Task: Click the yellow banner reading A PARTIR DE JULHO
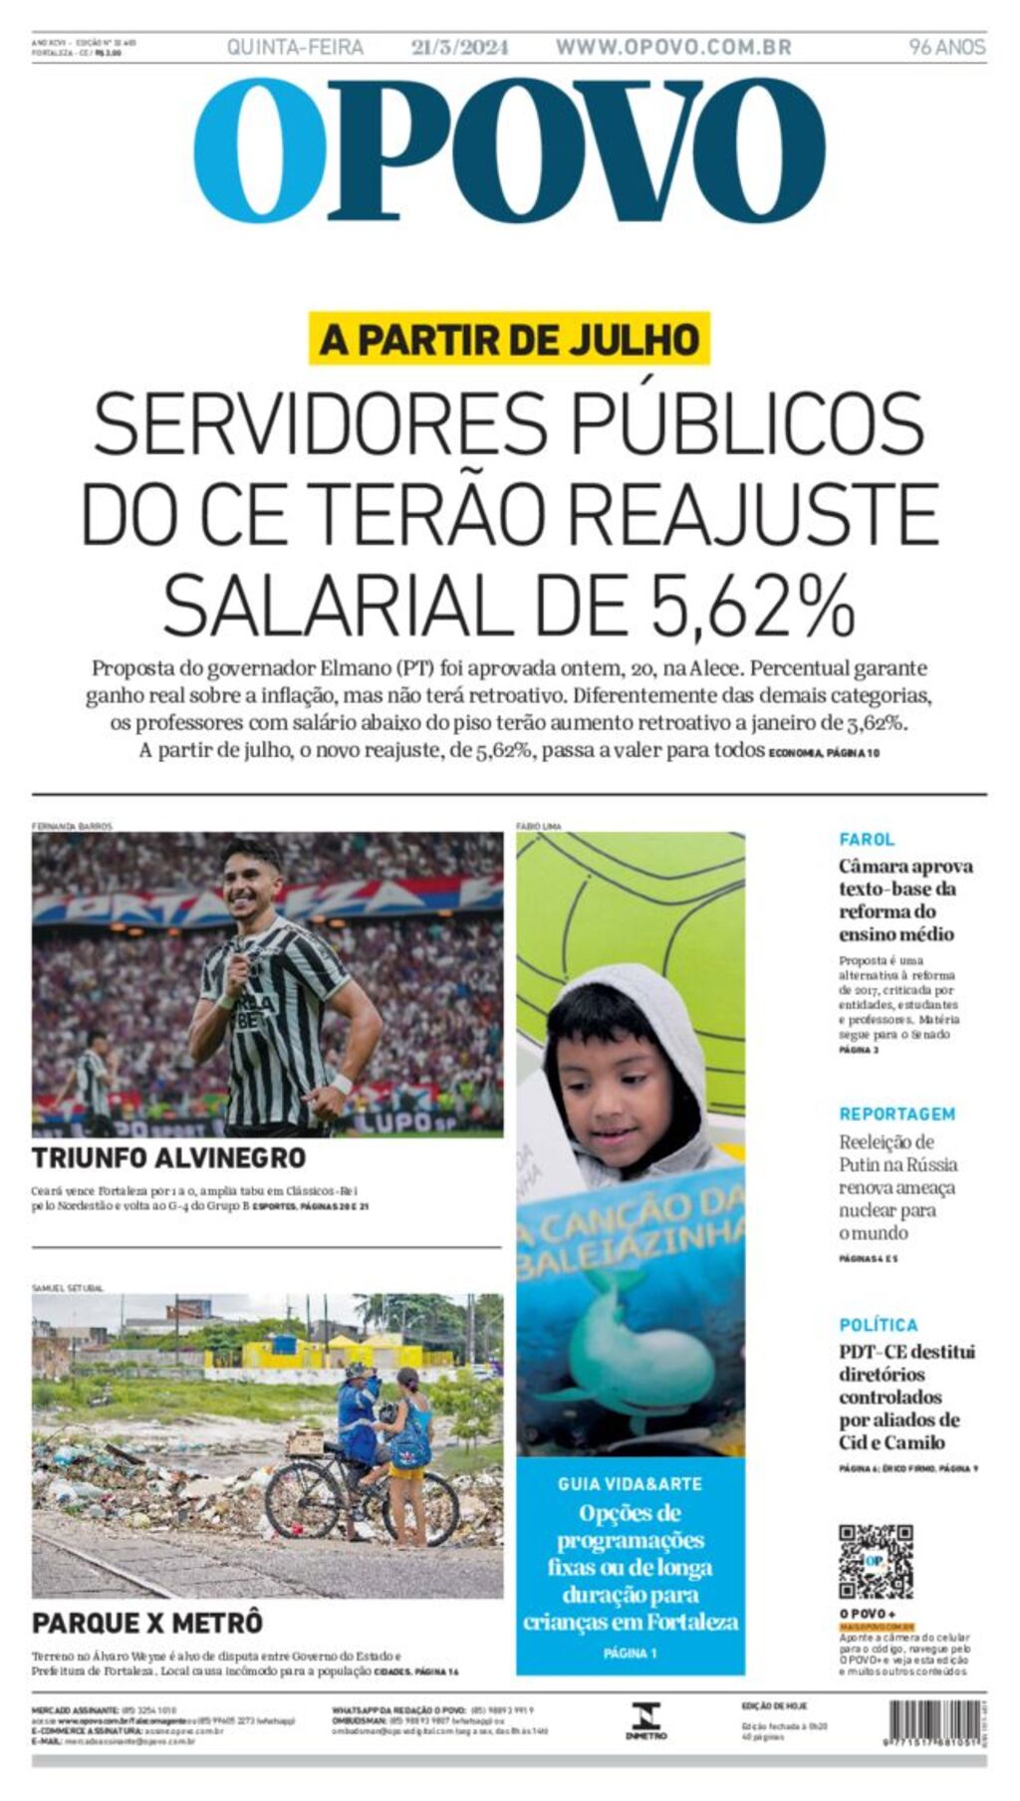[x=509, y=339]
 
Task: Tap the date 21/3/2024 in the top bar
[x=459, y=47]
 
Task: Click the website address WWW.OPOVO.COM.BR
[x=673, y=47]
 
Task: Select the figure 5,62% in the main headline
[x=753, y=605]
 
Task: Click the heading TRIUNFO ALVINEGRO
[x=168, y=1158]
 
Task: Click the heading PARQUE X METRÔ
[x=147, y=1623]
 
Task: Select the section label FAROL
[x=866, y=840]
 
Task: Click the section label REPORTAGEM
[x=896, y=1114]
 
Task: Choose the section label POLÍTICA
[x=878, y=1325]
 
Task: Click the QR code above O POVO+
[x=876, y=1561]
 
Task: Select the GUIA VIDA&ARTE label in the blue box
[x=630, y=1483]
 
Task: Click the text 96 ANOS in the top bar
[x=946, y=47]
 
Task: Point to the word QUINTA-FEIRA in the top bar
[x=295, y=47]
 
